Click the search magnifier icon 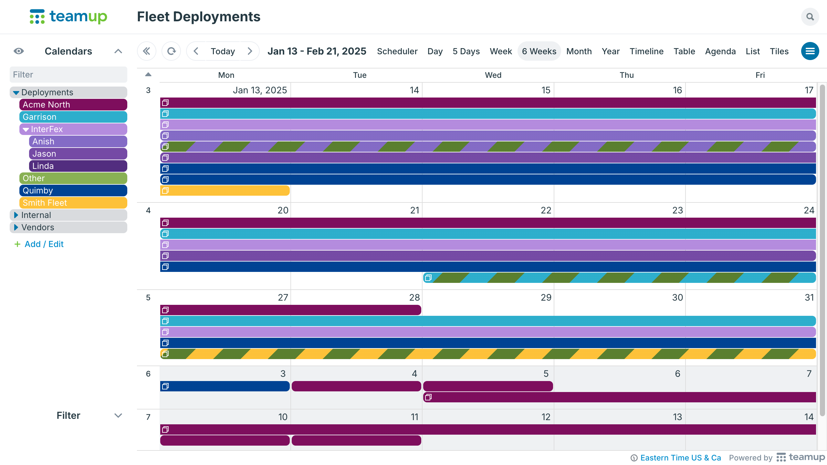coord(810,17)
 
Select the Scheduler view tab coord(397,51)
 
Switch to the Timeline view coord(646,51)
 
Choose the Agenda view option coord(720,51)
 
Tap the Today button coord(223,51)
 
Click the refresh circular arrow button coord(171,51)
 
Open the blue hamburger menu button coord(810,51)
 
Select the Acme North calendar coord(73,105)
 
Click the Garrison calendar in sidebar coord(73,117)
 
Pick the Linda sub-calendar coord(78,166)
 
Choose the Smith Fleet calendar coord(73,203)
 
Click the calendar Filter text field coord(68,75)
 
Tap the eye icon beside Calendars coord(19,51)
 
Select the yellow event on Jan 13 coord(225,191)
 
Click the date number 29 coord(546,297)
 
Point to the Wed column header coord(493,75)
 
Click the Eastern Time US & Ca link coord(680,458)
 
